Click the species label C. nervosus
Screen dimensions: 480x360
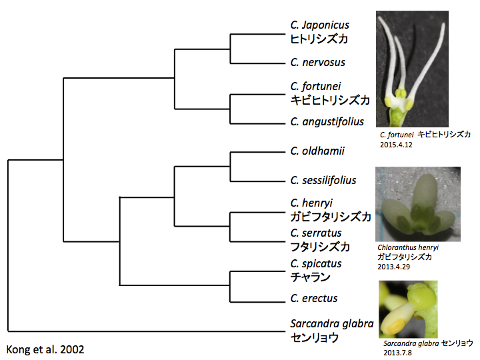pos(318,63)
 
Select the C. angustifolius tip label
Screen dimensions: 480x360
pos(327,122)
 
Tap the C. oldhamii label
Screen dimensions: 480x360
pos(317,151)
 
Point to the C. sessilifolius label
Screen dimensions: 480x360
pos(323,180)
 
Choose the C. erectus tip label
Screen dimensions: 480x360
pos(314,298)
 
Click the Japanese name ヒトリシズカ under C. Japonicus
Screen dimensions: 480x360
pos(319,39)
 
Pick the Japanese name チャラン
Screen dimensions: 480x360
pos(310,277)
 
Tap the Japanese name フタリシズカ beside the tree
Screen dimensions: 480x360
pos(319,247)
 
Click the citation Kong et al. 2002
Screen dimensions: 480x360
pos(45,349)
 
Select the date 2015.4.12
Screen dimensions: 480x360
pos(396,145)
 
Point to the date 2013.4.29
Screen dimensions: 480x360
pos(393,267)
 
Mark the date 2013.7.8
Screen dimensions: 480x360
pos(397,353)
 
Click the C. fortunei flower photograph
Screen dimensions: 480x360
pos(413,69)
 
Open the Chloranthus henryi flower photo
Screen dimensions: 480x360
pos(418,204)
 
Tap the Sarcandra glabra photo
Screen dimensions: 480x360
pos(408,309)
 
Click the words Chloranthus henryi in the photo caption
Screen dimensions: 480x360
pos(408,247)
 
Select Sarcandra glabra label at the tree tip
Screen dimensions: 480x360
pos(332,323)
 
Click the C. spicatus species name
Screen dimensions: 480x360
pos(316,263)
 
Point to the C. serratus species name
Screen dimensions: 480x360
pos(316,233)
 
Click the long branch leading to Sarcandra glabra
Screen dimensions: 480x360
pos(146,331)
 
